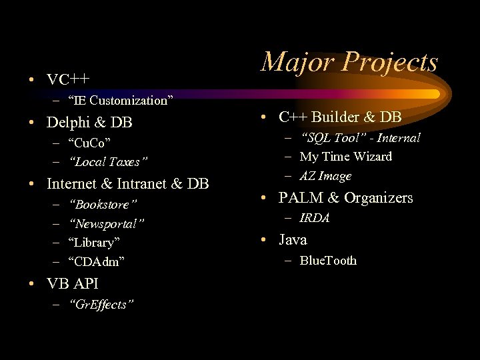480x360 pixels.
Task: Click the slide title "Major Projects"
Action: click(349, 62)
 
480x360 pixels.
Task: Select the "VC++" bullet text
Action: click(68, 80)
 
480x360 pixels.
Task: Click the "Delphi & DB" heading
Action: click(89, 123)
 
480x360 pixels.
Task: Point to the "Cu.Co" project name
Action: click(89, 143)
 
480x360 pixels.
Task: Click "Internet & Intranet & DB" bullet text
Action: click(128, 183)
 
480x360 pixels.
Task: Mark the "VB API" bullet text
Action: click(73, 283)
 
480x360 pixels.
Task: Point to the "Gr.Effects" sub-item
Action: click(101, 305)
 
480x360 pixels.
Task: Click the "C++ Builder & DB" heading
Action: click(340, 117)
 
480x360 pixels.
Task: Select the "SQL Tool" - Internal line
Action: click(360, 138)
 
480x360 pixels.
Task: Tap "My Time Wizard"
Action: click(346, 157)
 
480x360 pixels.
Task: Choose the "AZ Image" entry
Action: click(325, 176)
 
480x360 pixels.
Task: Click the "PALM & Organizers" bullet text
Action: click(345, 198)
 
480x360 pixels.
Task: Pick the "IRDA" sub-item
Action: click(315, 218)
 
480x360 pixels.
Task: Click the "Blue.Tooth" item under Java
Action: click(328, 261)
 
